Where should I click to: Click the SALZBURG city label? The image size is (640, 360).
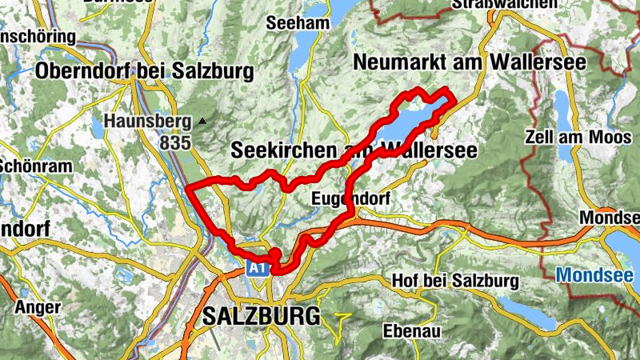pyautogui.click(x=261, y=314)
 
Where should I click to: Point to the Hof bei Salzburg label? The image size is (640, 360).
pyautogui.click(x=455, y=282)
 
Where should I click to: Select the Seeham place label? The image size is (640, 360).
pyautogui.click(x=300, y=23)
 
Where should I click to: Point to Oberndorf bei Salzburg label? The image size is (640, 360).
pyautogui.click(x=144, y=72)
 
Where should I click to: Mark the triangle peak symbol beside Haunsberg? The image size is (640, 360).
pyautogui.click(x=202, y=122)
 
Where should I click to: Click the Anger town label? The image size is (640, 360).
pyautogui.click(x=38, y=307)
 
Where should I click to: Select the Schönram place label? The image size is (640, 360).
pyautogui.click(x=24, y=166)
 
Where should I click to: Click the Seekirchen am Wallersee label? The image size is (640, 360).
pyautogui.click(x=353, y=150)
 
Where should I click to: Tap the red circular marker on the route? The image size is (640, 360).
pyautogui.click(x=274, y=254)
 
